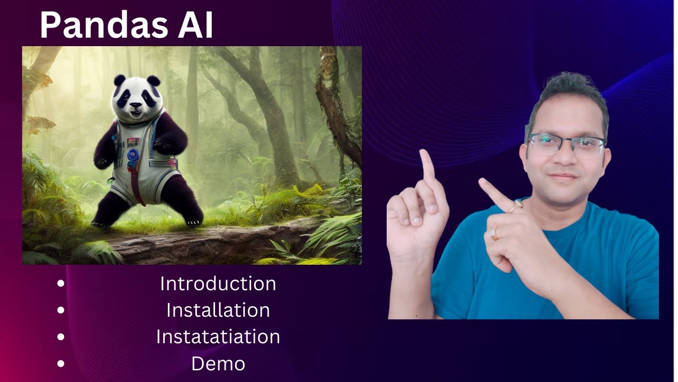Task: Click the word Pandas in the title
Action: [103, 25]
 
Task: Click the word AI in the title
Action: [195, 25]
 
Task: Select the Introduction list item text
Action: [218, 283]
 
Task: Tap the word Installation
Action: [218, 310]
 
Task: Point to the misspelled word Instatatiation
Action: [218, 337]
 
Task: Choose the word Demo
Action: [218, 364]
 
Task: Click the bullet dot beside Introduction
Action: [61, 283]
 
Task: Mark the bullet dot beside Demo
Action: [61, 364]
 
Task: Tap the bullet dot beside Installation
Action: [61, 310]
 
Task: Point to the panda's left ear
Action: [119, 81]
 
